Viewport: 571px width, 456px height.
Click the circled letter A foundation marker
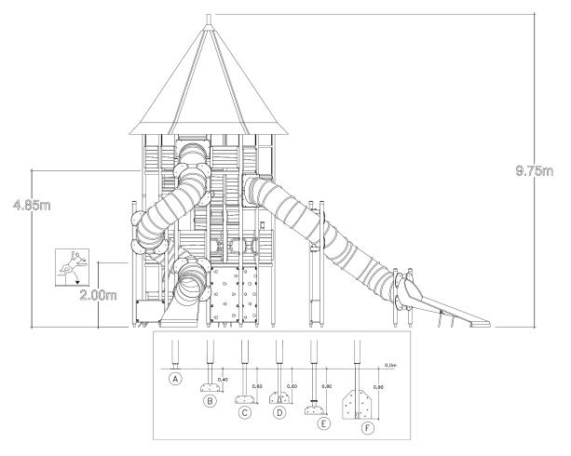[x=173, y=378]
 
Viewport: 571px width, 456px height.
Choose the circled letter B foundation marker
[x=211, y=401]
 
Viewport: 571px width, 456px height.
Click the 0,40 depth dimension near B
[x=223, y=379]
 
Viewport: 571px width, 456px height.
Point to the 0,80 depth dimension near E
[x=327, y=384]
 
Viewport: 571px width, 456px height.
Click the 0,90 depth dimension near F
[x=376, y=385]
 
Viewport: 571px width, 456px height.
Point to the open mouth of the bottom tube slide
[x=191, y=280]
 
